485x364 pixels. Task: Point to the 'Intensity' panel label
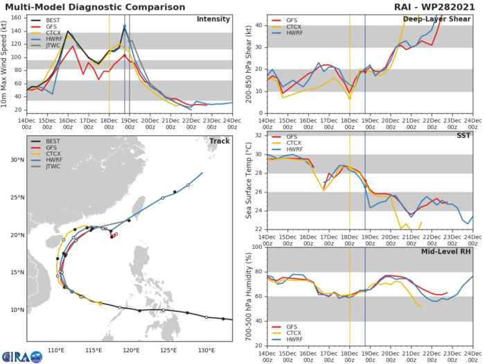point(213,19)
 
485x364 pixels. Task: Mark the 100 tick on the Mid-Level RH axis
point(256,246)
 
